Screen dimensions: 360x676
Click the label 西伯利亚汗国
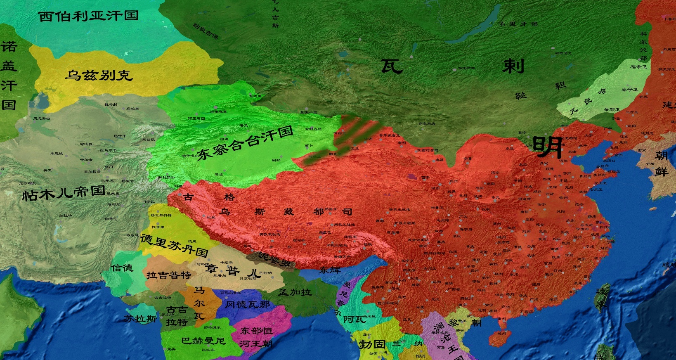(88, 16)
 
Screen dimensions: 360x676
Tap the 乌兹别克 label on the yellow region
(99, 75)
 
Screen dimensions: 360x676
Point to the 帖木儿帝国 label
(64, 193)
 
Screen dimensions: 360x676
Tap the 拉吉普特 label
(168, 275)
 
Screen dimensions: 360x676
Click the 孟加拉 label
(295, 292)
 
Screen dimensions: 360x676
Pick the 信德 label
(122, 268)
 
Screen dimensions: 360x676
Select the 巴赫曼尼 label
(203, 341)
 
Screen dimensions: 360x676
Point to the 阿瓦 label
(355, 319)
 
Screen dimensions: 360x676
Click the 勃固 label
(372, 344)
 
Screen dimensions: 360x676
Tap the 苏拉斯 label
(140, 319)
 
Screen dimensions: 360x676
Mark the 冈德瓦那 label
(247, 305)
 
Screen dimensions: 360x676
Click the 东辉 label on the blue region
(330, 270)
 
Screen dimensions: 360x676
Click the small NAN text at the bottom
(421, 356)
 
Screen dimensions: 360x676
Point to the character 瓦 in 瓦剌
(391, 66)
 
